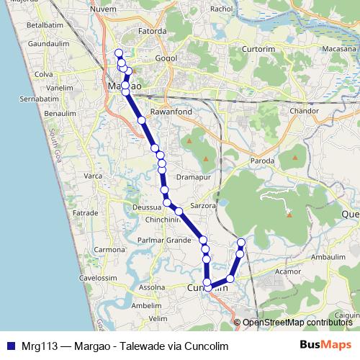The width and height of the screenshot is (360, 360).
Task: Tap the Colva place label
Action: click(24, 73)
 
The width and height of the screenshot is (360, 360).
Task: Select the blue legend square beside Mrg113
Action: click(9, 346)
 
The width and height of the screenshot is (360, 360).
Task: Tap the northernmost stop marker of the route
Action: click(119, 53)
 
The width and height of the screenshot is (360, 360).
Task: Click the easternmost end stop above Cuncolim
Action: click(241, 242)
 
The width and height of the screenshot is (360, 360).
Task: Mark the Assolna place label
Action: click(152, 287)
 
